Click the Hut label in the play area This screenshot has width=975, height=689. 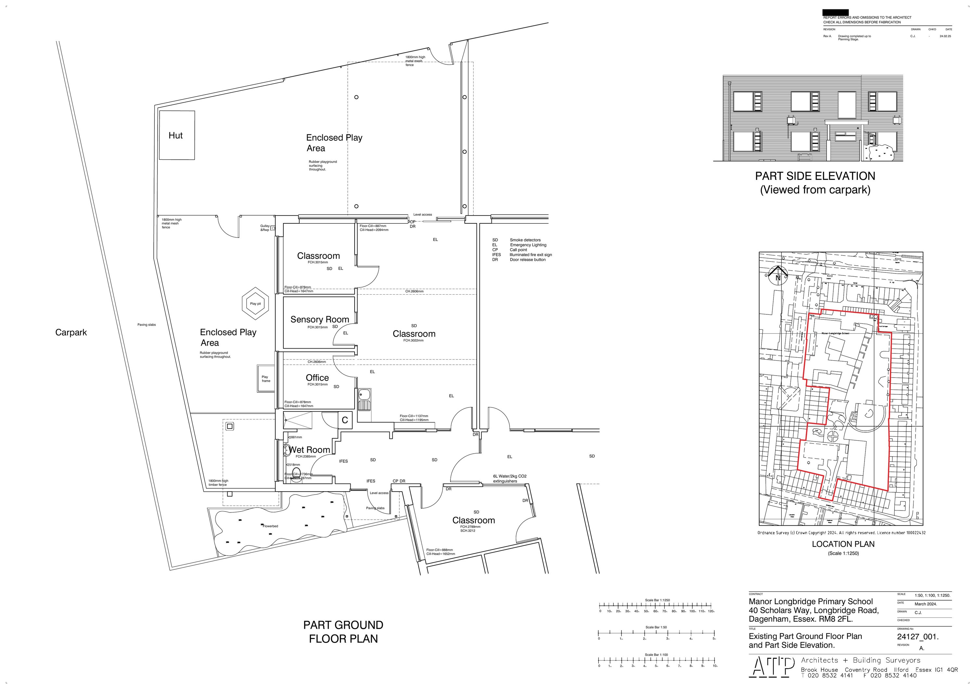(x=175, y=136)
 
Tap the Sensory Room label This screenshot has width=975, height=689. (x=319, y=319)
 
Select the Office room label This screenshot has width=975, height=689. (x=317, y=378)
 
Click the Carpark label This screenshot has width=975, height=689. (x=71, y=333)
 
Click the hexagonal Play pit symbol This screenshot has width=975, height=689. (x=256, y=303)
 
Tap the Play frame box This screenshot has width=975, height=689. (x=266, y=378)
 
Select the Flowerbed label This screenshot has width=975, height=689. (x=270, y=526)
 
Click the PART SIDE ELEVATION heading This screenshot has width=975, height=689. (x=814, y=176)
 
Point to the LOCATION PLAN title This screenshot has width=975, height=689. (x=843, y=544)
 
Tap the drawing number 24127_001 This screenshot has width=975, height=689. (x=917, y=637)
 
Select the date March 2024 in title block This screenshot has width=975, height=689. (x=926, y=603)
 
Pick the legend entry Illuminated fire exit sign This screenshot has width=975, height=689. (x=530, y=255)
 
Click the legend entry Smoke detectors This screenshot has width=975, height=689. (x=525, y=240)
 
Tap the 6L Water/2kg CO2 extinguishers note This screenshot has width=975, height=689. (x=509, y=478)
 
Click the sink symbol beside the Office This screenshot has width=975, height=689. (x=364, y=399)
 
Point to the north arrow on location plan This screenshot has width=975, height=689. (x=777, y=276)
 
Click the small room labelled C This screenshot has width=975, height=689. (x=345, y=420)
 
